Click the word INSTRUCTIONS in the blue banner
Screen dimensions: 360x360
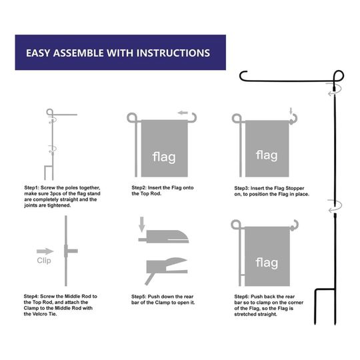pos(173,53)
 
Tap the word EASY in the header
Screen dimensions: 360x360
pos(38,53)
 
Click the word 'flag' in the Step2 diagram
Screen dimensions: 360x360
pos(164,157)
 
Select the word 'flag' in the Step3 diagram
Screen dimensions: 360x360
pos(267,155)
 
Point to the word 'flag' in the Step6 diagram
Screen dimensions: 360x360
pos(267,263)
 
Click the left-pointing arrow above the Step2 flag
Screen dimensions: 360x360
pos(183,113)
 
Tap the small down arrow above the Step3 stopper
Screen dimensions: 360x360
pos(291,111)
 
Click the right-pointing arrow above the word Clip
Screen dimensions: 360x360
pos(45,251)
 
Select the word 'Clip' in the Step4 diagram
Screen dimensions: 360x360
pos(44,261)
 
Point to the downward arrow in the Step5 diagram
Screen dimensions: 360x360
pos(141,224)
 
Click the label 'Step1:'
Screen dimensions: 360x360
pos(32,188)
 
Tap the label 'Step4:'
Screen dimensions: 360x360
pos(31,297)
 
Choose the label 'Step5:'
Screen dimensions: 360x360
pos(139,297)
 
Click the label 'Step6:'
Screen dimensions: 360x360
pos(242,297)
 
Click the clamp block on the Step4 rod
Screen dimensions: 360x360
pos(66,251)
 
